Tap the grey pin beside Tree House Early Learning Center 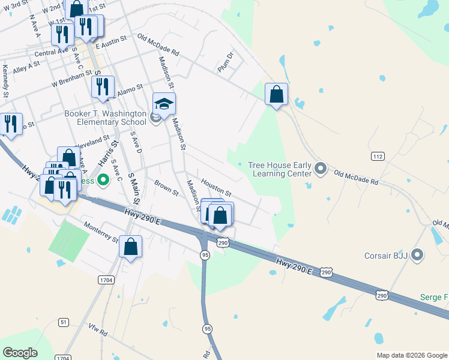(321, 169)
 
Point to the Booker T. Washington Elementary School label (106, 118)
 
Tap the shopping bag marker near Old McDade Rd (276, 95)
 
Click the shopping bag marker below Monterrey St (130, 247)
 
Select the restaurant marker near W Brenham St (103, 87)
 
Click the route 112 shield (378, 157)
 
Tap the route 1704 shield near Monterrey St (106, 280)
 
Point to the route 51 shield (64, 322)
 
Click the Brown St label (166, 188)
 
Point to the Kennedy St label (5, 81)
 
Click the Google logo (20, 353)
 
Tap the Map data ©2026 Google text (412, 355)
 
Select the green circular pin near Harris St (103, 179)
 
